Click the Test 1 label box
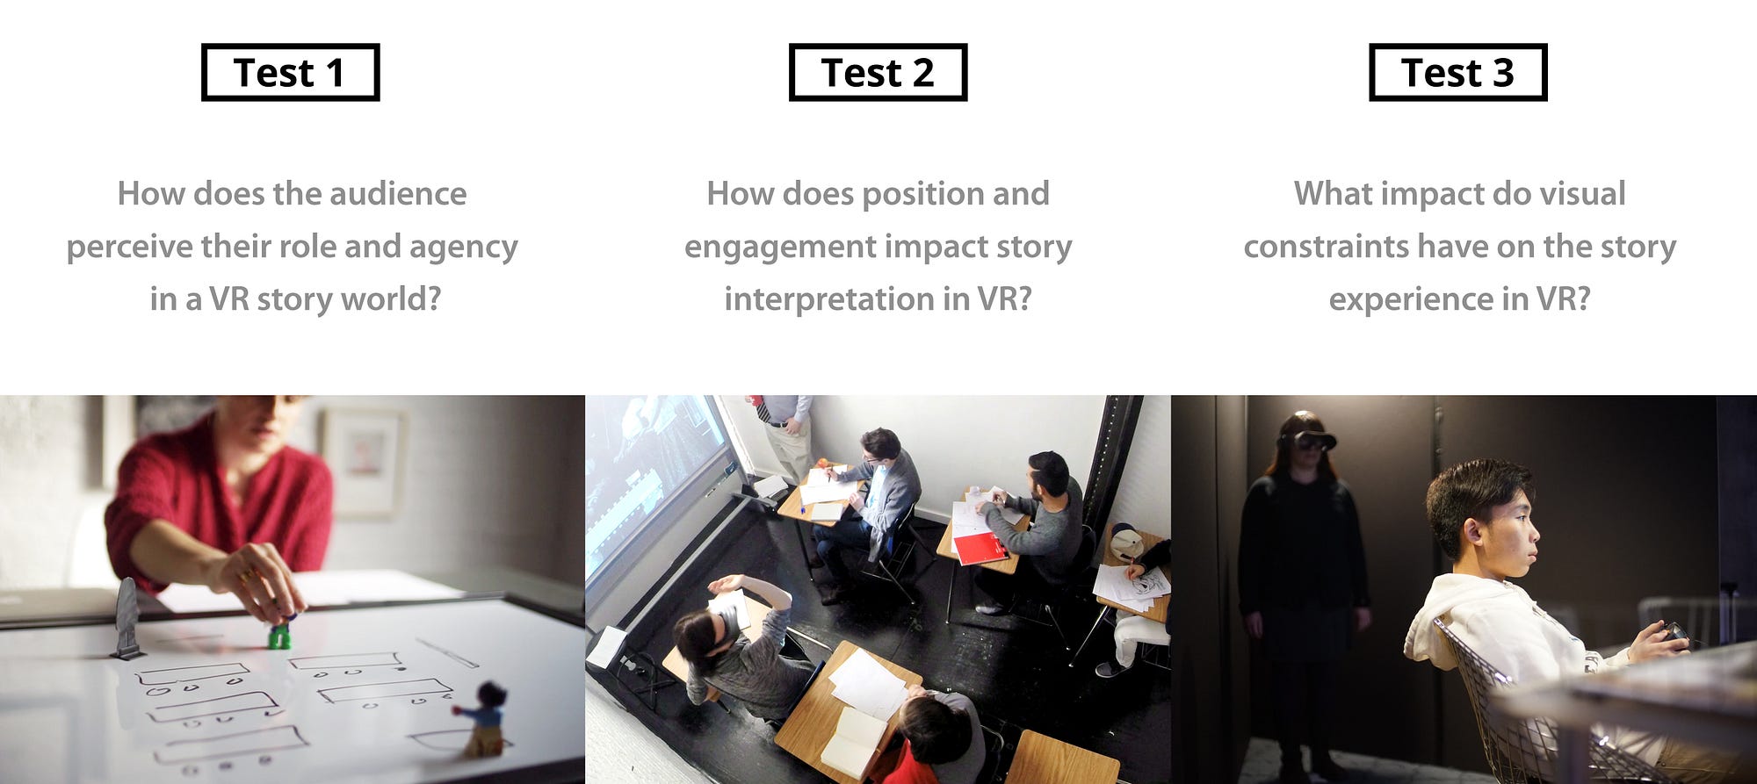pos(290,72)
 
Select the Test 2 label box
pos(878,72)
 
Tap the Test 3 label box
pos(1457,72)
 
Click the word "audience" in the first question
pos(398,193)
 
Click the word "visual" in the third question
pos(1581,193)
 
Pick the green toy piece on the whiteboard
pos(279,635)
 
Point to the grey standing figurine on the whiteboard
pos(127,618)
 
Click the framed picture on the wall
pos(363,461)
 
